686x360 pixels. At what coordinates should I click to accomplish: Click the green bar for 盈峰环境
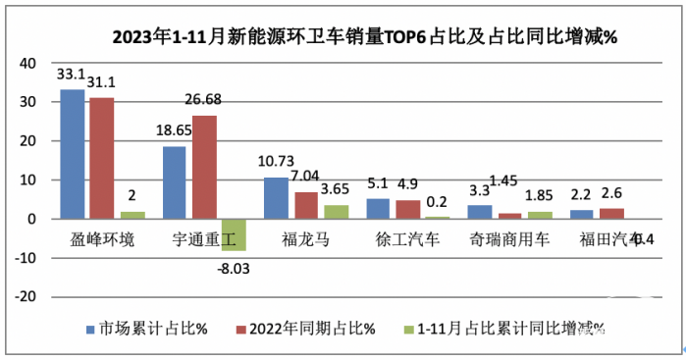tap(132, 215)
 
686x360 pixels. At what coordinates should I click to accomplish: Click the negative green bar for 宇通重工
tap(233, 234)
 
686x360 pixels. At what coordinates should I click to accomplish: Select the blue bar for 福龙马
tap(276, 198)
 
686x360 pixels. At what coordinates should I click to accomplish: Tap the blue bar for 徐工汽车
tap(379, 209)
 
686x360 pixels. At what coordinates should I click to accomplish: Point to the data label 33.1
tap(71, 74)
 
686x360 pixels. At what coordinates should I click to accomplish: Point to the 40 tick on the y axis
tap(27, 63)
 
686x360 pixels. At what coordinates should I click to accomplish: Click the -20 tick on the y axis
tap(25, 296)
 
